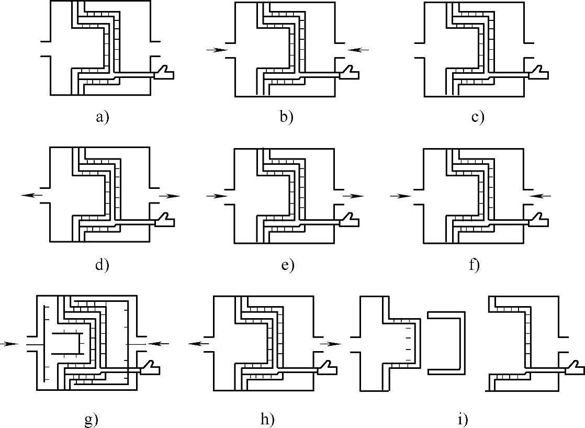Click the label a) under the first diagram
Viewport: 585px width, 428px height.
[x=102, y=117]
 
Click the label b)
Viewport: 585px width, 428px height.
[x=286, y=117]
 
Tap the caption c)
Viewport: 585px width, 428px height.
[x=478, y=117]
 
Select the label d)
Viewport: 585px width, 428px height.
[x=102, y=265]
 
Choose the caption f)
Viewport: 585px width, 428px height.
[x=475, y=265]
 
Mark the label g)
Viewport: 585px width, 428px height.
[x=92, y=419]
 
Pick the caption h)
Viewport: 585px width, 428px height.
[x=267, y=419]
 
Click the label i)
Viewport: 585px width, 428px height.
[x=463, y=419]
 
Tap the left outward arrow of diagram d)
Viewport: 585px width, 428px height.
[x=32, y=195]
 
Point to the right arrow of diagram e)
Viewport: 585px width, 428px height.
[x=354, y=196]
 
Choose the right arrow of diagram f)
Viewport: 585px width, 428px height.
[x=541, y=196]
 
